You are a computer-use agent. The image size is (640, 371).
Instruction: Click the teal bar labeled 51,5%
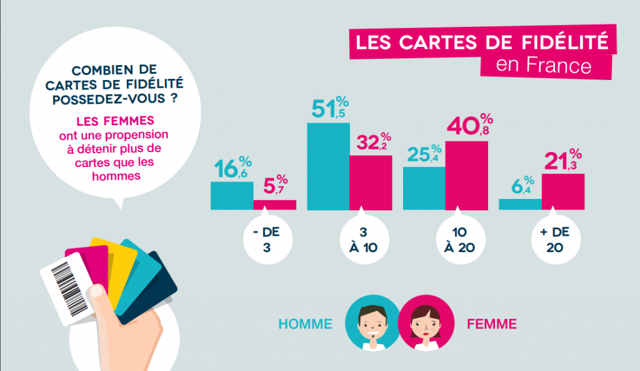pyautogui.click(x=327, y=166)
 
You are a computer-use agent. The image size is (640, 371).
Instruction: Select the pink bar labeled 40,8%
pyautogui.click(x=466, y=175)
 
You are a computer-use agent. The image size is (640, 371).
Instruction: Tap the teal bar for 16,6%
pyautogui.click(x=232, y=195)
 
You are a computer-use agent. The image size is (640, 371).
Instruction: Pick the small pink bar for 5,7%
pyautogui.click(x=274, y=205)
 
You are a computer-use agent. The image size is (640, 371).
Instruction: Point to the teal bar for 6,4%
pyautogui.click(x=520, y=204)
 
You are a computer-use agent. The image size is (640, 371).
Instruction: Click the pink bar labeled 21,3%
pyautogui.click(x=562, y=191)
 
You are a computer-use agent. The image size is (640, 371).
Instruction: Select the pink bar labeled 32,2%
pyautogui.click(x=371, y=182)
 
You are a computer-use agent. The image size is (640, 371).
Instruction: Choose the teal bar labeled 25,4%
pyautogui.click(x=424, y=188)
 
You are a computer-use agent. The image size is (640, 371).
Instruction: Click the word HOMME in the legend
pyautogui.click(x=305, y=324)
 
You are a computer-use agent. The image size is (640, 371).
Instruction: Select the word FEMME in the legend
pyautogui.click(x=492, y=324)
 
